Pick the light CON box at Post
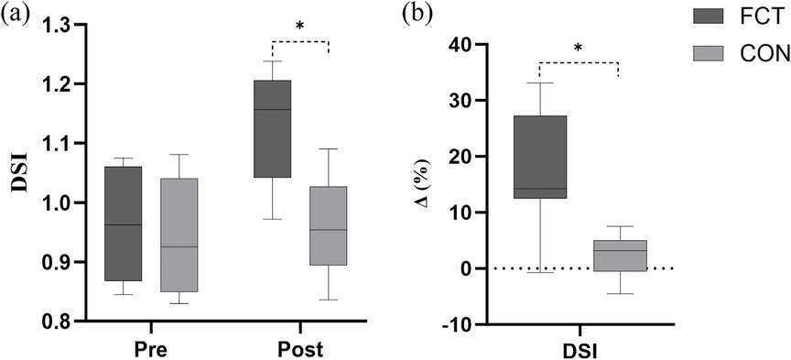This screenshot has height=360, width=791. click(328, 225)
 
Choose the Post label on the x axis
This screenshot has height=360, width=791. click(300, 348)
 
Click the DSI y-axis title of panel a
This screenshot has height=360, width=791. click(18, 173)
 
